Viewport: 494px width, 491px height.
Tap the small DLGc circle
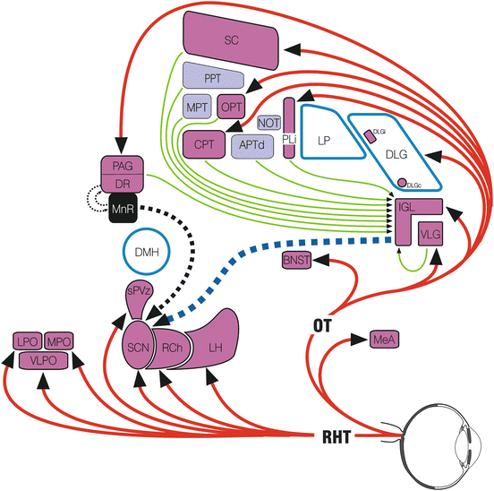coord(402,183)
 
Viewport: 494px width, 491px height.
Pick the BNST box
coord(295,260)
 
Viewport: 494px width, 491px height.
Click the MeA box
coord(385,339)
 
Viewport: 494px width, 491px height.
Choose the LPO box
coord(26,340)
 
